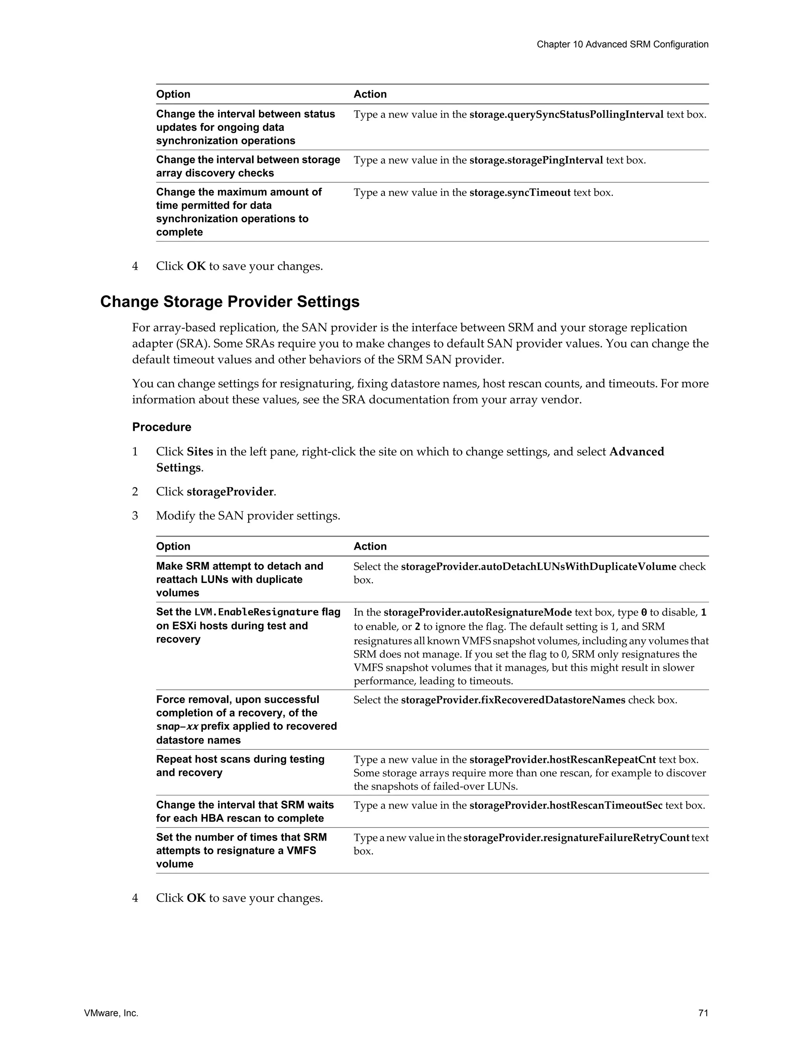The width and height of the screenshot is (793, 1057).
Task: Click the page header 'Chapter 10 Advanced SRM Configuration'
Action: pos(622,45)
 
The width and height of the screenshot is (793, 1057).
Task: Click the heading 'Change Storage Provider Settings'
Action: pos(230,302)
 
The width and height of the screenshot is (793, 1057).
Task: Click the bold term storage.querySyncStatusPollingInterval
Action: pos(566,115)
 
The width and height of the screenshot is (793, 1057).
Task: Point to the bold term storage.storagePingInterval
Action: pos(536,161)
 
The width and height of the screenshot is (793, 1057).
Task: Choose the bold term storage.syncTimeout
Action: pos(520,193)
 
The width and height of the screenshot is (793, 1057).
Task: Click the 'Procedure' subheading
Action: pos(161,427)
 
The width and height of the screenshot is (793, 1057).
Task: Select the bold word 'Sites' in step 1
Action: pos(200,452)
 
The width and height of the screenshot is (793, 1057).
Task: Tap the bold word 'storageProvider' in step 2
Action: pos(230,492)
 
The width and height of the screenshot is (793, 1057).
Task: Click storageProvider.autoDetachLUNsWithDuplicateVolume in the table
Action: pos(538,567)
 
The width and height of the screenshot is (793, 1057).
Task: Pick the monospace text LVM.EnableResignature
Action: pos(256,612)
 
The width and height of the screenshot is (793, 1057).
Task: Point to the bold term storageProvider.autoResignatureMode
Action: pos(477,613)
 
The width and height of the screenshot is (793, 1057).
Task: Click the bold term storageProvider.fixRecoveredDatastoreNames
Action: pos(513,700)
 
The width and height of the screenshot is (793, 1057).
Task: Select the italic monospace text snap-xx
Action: pos(177,726)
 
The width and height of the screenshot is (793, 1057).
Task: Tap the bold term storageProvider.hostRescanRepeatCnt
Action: pos(562,760)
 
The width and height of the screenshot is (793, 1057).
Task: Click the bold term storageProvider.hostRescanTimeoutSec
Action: pos(565,806)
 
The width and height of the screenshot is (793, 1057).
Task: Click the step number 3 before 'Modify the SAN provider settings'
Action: pos(135,516)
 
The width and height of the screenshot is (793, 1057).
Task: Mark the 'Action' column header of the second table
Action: pos(370,546)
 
